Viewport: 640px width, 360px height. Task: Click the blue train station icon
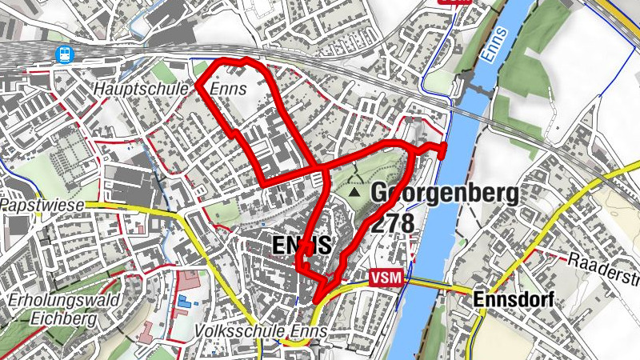(x=62, y=54)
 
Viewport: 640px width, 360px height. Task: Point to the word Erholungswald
(x=64, y=300)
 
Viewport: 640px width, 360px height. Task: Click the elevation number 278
(x=392, y=223)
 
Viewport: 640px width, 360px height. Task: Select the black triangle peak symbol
(x=354, y=193)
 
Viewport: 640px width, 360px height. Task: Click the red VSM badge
(x=388, y=278)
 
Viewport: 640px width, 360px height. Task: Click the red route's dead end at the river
(x=442, y=150)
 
